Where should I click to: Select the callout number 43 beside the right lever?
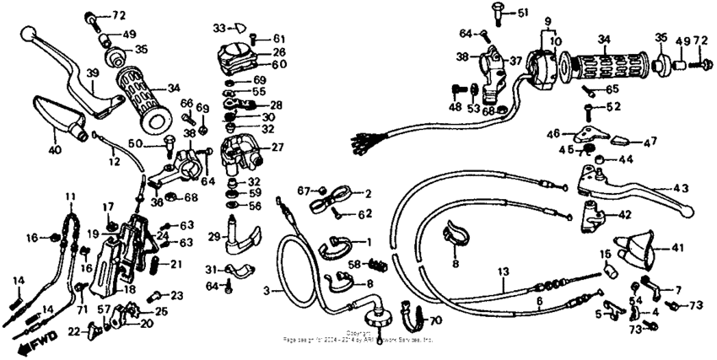tap(681, 189)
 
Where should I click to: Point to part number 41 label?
tap(677, 248)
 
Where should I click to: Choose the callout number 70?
tap(435, 320)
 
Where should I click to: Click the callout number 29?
tap(214, 238)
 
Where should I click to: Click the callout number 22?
tap(73, 331)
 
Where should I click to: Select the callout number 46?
tap(554, 133)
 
